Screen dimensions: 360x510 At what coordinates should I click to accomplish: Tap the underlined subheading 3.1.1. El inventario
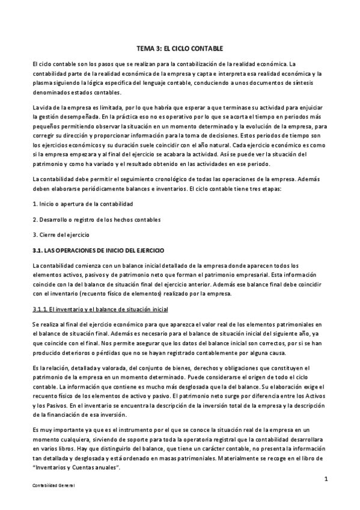(x=100, y=309)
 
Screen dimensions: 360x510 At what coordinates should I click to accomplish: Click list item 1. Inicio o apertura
(x=82, y=204)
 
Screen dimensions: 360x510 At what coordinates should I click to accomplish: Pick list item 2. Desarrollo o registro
(x=96, y=219)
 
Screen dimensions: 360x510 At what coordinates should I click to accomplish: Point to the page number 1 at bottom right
(x=325, y=479)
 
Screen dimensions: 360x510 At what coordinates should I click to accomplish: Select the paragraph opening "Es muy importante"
(x=56, y=429)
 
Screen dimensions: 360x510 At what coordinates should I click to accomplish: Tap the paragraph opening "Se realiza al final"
(x=57, y=324)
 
